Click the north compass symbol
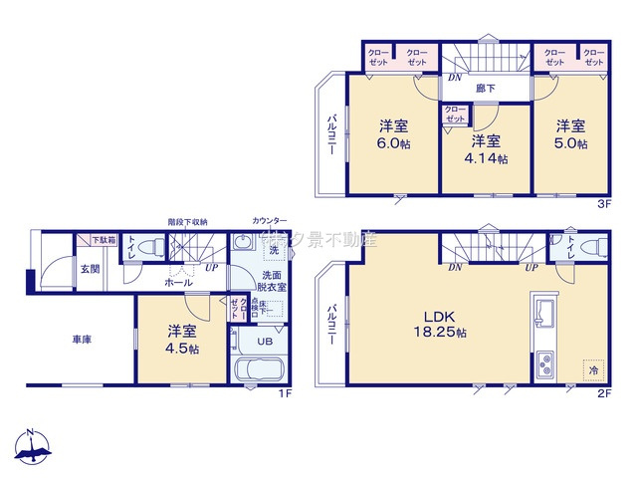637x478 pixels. coord(32,449)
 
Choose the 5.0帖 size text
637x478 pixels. coord(570,143)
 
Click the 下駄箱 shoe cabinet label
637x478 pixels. coord(103,240)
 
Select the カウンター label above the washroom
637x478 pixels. coord(269,220)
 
